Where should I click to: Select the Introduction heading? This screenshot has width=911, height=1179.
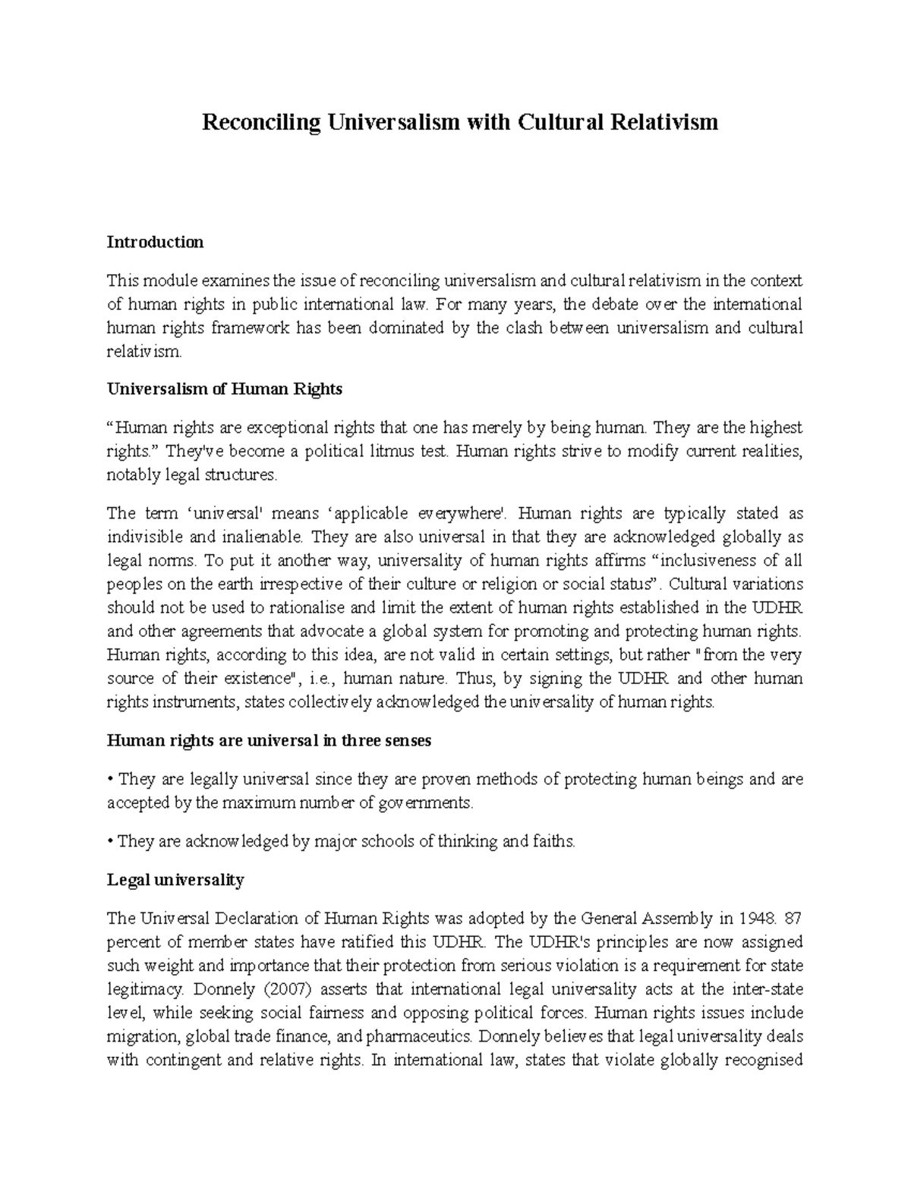click(x=155, y=242)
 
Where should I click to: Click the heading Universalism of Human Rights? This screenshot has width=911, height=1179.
click(x=224, y=389)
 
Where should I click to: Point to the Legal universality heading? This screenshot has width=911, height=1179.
click(x=175, y=880)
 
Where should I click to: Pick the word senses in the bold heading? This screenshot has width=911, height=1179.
click(x=405, y=741)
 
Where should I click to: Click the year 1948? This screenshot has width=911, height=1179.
click(x=755, y=919)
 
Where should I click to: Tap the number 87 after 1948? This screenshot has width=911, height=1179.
click(x=793, y=919)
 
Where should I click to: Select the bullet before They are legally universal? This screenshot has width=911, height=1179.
click(x=111, y=780)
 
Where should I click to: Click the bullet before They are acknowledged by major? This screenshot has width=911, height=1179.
click(x=111, y=842)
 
